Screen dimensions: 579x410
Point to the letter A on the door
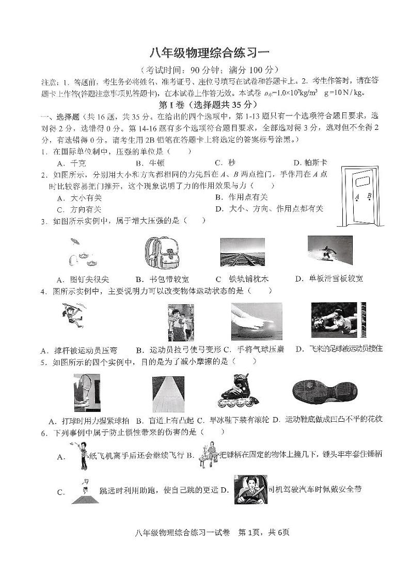[357, 197]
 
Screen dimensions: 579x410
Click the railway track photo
[242, 253]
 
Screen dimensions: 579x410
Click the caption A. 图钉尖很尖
[83, 279]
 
